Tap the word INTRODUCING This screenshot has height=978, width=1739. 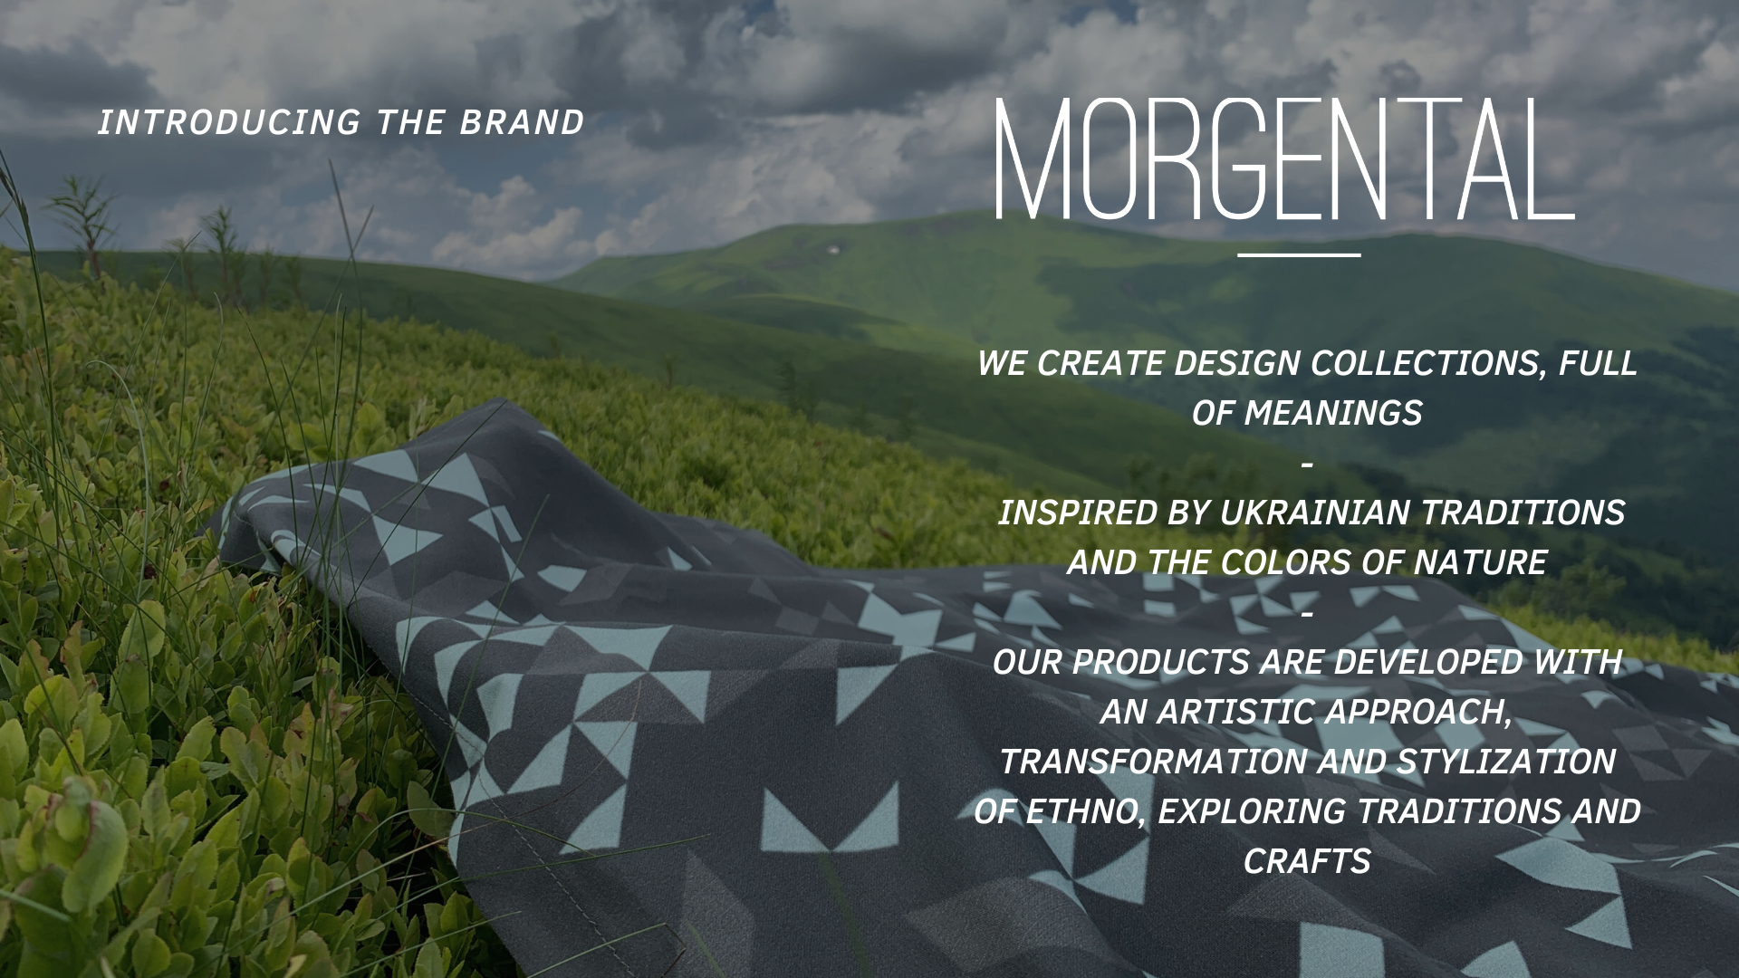tap(229, 123)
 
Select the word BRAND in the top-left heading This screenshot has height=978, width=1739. tap(522, 123)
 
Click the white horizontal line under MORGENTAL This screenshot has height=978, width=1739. tap(1299, 255)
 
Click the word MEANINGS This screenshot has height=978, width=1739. tap(1333, 414)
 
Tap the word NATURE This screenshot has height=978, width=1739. tap(1480, 563)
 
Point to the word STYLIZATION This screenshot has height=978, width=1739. tap(1505, 762)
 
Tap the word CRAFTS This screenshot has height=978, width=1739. tap(1307, 862)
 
